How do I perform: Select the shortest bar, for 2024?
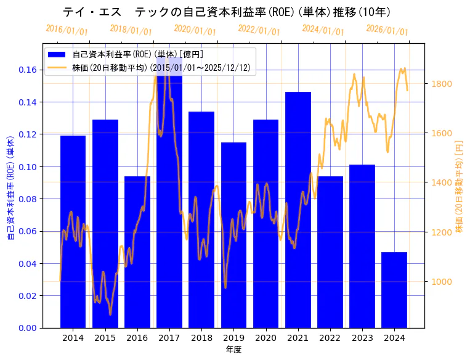pos(394,290)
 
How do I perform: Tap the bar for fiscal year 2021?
pos(298,210)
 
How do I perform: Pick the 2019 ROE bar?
pos(233,235)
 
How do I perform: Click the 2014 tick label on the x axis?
pos(73,338)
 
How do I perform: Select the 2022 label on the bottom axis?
pos(330,338)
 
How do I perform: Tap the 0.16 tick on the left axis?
pos(26,70)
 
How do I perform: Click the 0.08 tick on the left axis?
pos(26,198)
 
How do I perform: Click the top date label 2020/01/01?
pos(195,30)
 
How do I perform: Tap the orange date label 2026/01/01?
pos(387,30)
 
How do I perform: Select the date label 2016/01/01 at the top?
pos(67,30)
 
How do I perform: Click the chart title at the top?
pos(227,12)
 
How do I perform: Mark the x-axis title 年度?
pos(233,350)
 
